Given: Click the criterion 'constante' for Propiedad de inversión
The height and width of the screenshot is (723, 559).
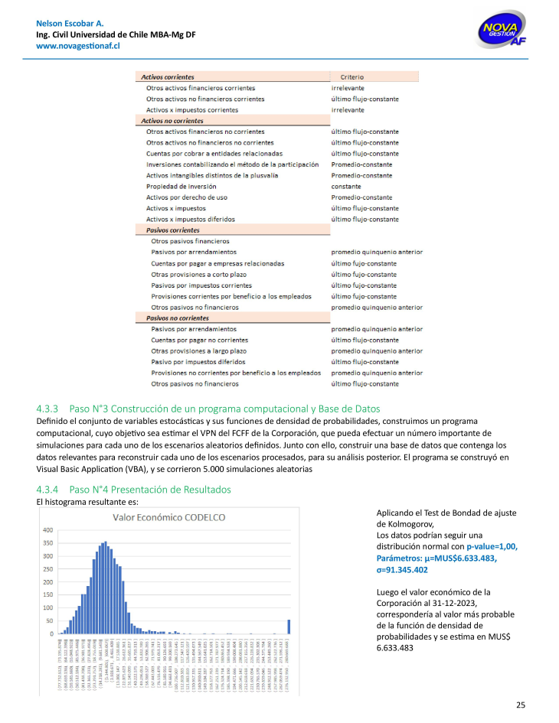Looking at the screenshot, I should click(x=346, y=186).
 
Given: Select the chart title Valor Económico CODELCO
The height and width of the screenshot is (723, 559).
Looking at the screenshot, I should click(x=169, y=518).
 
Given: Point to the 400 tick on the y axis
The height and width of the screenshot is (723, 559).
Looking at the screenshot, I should click(x=47, y=530).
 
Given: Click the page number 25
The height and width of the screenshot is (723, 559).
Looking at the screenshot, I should click(x=521, y=705).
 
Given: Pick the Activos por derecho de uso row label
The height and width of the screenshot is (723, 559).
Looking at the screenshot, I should click(x=187, y=197).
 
